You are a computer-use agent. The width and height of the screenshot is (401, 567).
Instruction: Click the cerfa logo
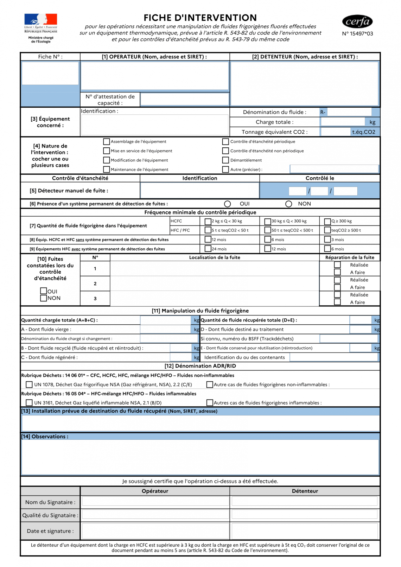[x=357, y=22]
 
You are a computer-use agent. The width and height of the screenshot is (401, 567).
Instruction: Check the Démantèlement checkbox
[x=225, y=160]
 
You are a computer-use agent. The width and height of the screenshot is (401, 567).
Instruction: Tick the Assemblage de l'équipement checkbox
[x=106, y=141]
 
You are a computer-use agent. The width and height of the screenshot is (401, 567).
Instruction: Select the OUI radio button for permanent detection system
[x=228, y=204]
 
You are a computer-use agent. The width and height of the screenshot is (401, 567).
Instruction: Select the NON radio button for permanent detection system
[x=289, y=204]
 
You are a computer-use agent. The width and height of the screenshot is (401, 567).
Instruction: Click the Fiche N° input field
[x=50, y=73]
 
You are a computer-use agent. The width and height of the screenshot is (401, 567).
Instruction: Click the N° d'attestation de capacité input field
[x=184, y=99]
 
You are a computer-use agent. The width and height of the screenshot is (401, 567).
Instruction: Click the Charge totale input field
[x=343, y=122]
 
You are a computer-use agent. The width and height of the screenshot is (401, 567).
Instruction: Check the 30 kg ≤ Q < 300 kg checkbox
[x=268, y=221]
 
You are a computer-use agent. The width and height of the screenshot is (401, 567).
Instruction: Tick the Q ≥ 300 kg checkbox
[x=327, y=221]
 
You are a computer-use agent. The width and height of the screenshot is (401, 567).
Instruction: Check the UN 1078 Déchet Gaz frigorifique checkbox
[x=29, y=384]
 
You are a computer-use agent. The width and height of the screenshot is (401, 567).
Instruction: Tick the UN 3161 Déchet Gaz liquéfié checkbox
[x=29, y=403]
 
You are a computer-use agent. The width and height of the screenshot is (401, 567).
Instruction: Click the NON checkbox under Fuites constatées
[x=44, y=298]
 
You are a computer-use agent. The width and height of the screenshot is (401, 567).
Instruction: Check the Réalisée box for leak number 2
[x=337, y=280]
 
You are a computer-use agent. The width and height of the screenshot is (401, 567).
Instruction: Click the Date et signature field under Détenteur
[x=305, y=530]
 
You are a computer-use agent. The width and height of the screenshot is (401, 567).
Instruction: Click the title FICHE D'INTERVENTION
[x=200, y=18]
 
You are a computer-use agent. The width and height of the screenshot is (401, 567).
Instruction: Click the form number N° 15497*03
[x=357, y=34]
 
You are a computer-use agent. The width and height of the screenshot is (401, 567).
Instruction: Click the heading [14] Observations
[x=45, y=437]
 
